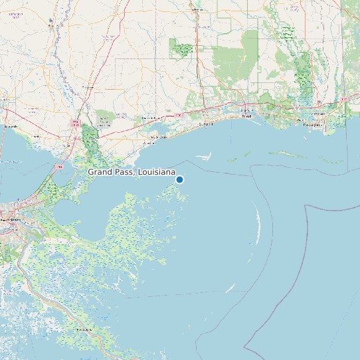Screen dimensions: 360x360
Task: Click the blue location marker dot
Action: coord(179,179)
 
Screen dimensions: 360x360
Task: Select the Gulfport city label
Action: coord(207,124)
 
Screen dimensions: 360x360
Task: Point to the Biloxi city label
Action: coord(246,117)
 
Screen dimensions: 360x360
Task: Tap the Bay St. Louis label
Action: coord(157,137)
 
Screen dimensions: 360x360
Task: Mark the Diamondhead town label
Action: coord(151,118)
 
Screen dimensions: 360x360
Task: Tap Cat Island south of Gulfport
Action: coord(203,157)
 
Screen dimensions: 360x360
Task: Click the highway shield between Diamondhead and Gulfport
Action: coord(179,114)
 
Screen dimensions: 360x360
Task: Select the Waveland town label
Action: coord(151,143)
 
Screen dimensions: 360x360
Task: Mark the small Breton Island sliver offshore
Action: coord(230,288)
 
